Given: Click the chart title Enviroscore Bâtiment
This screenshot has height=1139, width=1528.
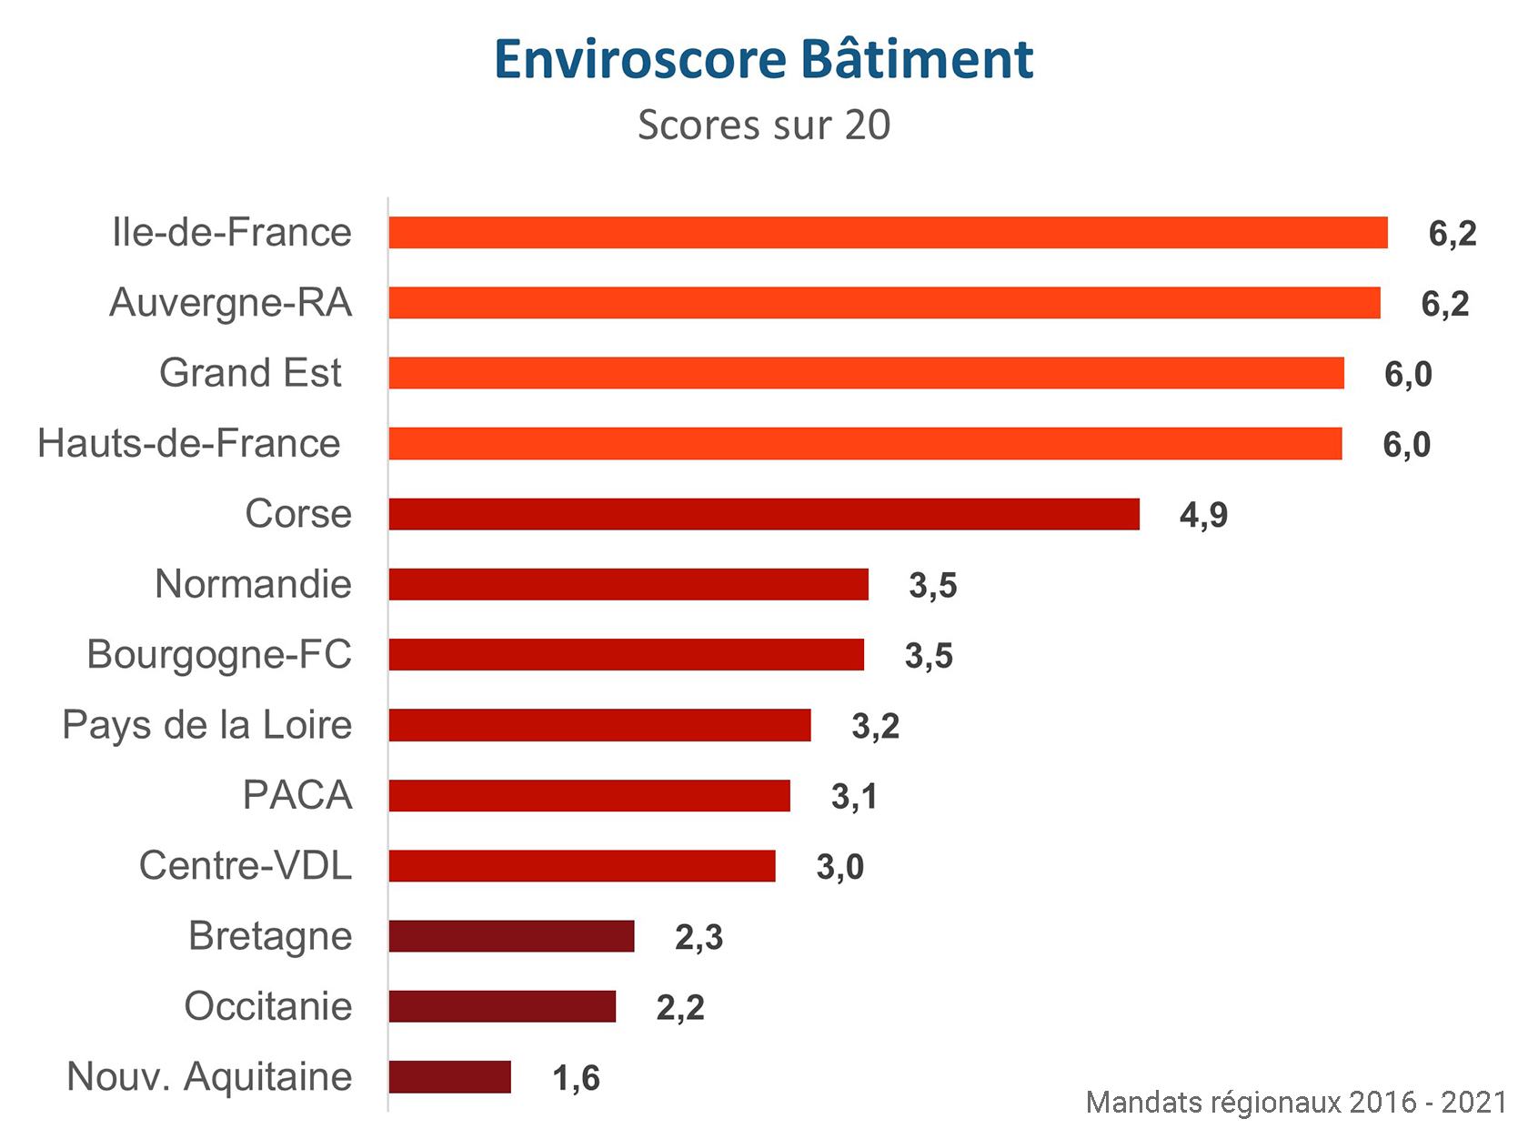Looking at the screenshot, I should click(763, 60).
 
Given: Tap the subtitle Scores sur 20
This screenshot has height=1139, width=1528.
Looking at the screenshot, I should click(763, 126).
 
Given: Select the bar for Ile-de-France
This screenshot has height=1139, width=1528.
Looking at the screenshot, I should click(888, 233).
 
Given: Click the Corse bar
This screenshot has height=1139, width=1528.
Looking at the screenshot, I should click(764, 514).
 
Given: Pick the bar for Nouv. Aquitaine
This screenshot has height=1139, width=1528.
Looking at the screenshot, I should click(449, 1077).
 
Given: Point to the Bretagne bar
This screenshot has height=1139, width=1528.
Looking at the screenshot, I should click(511, 936).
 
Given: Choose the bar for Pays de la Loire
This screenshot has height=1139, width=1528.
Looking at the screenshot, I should click(599, 725).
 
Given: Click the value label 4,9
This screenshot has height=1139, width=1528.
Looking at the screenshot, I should click(1203, 516).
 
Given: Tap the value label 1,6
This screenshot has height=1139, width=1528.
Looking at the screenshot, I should click(576, 1079).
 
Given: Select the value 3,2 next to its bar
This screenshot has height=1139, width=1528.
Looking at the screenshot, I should click(875, 727).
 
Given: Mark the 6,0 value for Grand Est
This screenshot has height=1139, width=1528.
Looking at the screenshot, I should click(1408, 375).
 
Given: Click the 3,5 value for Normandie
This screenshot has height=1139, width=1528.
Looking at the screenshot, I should click(932, 586).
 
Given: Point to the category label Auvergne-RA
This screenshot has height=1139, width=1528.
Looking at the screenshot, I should click(230, 303).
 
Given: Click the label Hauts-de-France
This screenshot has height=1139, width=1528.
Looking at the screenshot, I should click(189, 444).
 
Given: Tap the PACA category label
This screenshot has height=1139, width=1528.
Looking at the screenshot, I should click(297, 795).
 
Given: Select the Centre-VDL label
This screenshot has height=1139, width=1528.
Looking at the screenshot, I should click(246, 866).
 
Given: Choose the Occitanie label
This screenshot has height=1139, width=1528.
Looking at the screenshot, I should click(268, 1007).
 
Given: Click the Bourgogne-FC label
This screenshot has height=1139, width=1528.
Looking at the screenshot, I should click(219, 655).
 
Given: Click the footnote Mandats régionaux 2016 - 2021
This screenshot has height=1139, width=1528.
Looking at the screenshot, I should click(1295, 1103).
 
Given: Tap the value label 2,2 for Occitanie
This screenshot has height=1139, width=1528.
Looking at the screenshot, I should click(680, 1008).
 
